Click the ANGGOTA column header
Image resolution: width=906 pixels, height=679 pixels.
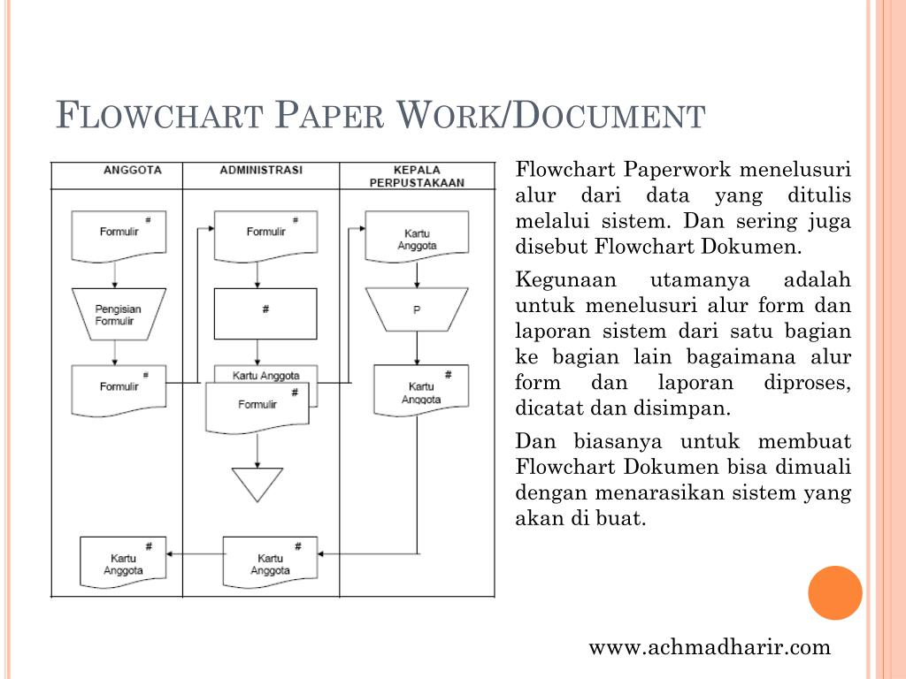(x=132, y=170)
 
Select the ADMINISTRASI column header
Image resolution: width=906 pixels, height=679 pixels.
(x=261, y=170)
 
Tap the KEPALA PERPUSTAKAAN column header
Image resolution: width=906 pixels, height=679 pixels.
(x=417, y=176)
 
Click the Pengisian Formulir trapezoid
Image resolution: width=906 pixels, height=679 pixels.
(x=119, y=315)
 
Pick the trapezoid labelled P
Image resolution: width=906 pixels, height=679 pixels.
(x=417, y=311)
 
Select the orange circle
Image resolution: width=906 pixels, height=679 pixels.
(x=835, y=592)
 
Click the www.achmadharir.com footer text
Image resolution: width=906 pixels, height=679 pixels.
(x=710, y=647)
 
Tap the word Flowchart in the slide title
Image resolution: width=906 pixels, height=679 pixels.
(x=159, y=116)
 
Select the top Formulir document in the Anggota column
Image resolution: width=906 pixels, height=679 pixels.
(x=119, y=235)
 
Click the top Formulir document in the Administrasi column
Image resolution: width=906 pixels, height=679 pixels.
(x=265, y=235)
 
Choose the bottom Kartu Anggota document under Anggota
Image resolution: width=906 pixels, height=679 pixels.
(x=123, y=562)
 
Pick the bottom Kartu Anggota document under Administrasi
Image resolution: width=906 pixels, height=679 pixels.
(x=270, y=562)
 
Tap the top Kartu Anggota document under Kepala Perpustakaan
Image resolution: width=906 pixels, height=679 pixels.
(x=417, y=237)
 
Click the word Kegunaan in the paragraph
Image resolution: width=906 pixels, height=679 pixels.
(x=559, y=281)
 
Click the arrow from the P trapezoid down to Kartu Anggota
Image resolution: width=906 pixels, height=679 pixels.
(x=417, y=347)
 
